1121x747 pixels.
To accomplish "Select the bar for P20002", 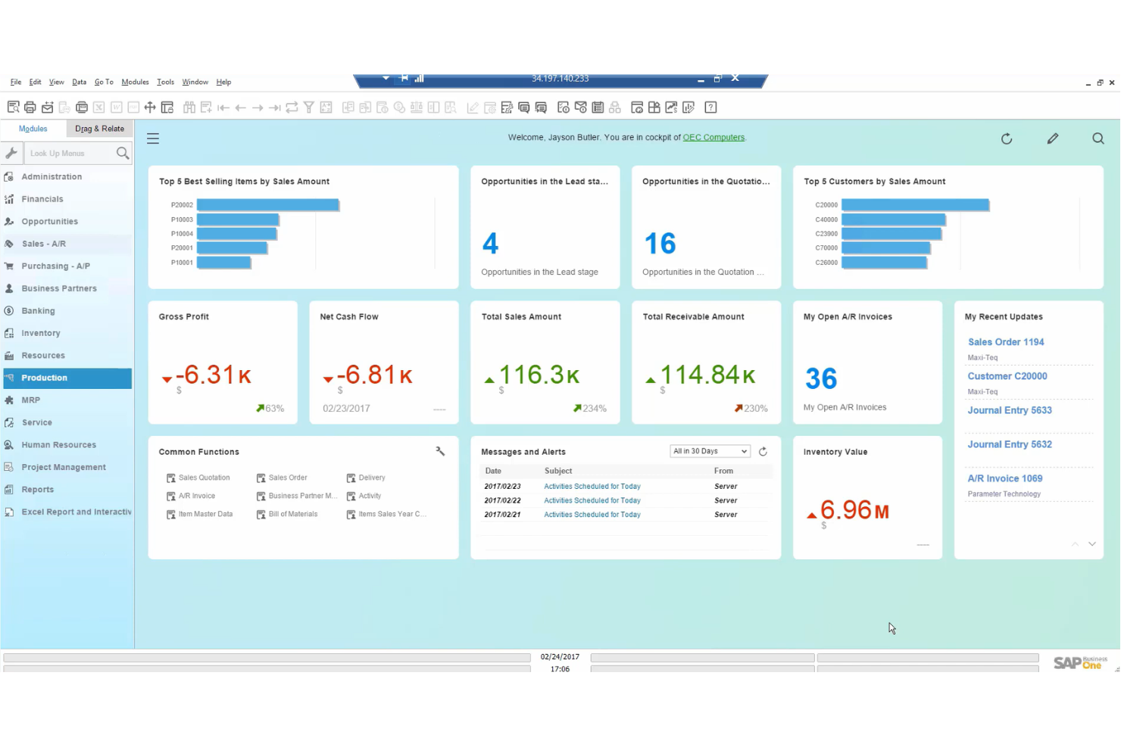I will coord(267,205).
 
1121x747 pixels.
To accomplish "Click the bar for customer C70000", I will coord(885,248).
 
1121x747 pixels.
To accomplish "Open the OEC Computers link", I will coord(714,138).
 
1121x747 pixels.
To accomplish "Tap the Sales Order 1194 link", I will coord(1005,342).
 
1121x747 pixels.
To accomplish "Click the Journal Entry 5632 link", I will coord(1009,444).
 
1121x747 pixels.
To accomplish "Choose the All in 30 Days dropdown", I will coord(710,451).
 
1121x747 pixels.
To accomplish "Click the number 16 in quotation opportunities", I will coord(660,244).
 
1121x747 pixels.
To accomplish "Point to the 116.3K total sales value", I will coord(539,375).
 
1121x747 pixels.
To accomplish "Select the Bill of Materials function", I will coord(292,514).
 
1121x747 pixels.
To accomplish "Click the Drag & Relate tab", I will coord(99,129).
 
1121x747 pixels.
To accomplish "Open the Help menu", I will coord(223,82).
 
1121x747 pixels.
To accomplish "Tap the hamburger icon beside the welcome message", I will coord(153,139).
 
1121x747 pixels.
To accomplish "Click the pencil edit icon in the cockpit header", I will coord(1052,139).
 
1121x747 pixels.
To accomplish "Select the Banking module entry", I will coord(38,311).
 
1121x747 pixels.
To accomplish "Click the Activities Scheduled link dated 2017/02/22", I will coord(592,500).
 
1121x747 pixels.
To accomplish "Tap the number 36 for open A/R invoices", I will coord(820,378).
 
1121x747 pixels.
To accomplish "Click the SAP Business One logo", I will coord(1079,662).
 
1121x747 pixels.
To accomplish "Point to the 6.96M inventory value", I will coord(854,511).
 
